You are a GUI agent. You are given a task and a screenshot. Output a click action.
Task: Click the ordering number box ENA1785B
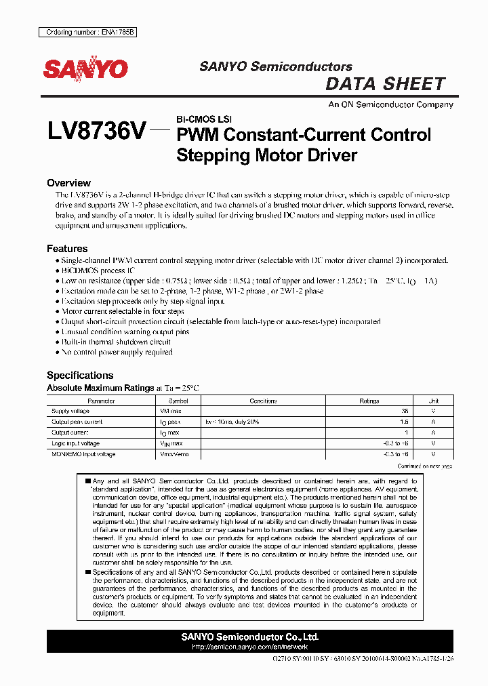tap(87, 32)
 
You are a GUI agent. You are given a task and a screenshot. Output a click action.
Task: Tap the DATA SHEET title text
tap(386, 84)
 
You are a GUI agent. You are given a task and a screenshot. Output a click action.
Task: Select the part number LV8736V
tap(96, 131)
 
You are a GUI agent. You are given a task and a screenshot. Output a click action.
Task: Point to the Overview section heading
tap(68, 183)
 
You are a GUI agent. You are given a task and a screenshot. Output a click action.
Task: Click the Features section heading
tap(67, 249)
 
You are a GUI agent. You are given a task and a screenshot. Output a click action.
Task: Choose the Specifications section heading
tap(80, 376)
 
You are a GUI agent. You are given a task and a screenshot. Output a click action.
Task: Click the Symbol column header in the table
tap(178, 401)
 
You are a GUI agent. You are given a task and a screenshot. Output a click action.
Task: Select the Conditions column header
tap(263, 401)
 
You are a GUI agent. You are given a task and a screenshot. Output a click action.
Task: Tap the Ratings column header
tap(369, 401)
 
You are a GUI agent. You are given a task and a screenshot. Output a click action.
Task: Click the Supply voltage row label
tap(70, 411)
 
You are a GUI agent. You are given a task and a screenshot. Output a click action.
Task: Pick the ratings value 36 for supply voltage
tap(405, 411)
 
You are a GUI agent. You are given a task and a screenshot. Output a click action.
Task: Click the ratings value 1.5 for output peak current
tap(405, 422)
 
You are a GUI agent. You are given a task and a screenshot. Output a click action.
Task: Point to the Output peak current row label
tap(77, 422)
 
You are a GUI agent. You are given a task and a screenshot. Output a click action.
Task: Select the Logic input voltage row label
tap(76, 443)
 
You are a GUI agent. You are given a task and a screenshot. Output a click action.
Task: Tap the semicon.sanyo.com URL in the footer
tap(250, 647)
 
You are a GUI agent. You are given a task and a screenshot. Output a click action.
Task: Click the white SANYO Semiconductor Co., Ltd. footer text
tap(250, 637)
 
